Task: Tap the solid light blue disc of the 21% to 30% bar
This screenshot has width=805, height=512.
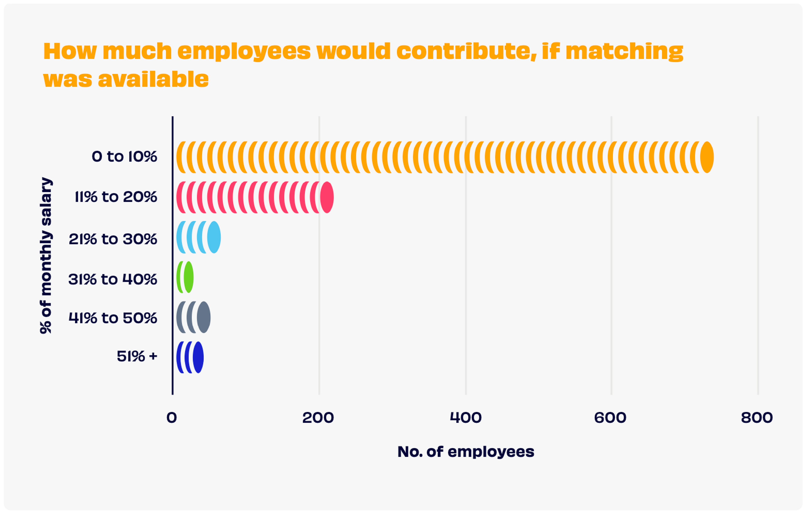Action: point(214,237)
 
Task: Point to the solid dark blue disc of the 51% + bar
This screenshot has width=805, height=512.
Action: point(198,357)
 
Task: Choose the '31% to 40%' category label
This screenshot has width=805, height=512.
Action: point(112,279)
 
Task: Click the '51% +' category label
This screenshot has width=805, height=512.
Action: point(137,356)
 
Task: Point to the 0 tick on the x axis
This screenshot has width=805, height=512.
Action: point(171,418)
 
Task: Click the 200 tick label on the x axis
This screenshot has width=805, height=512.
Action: point(318,418)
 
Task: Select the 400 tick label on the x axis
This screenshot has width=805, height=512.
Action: point(465,418)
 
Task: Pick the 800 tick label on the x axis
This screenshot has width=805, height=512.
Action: point(757,418)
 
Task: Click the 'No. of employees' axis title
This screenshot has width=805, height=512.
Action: point(466,452)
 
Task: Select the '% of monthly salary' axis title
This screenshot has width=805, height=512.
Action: point(46,255)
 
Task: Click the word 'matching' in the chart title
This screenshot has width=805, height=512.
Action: point(624,52)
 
